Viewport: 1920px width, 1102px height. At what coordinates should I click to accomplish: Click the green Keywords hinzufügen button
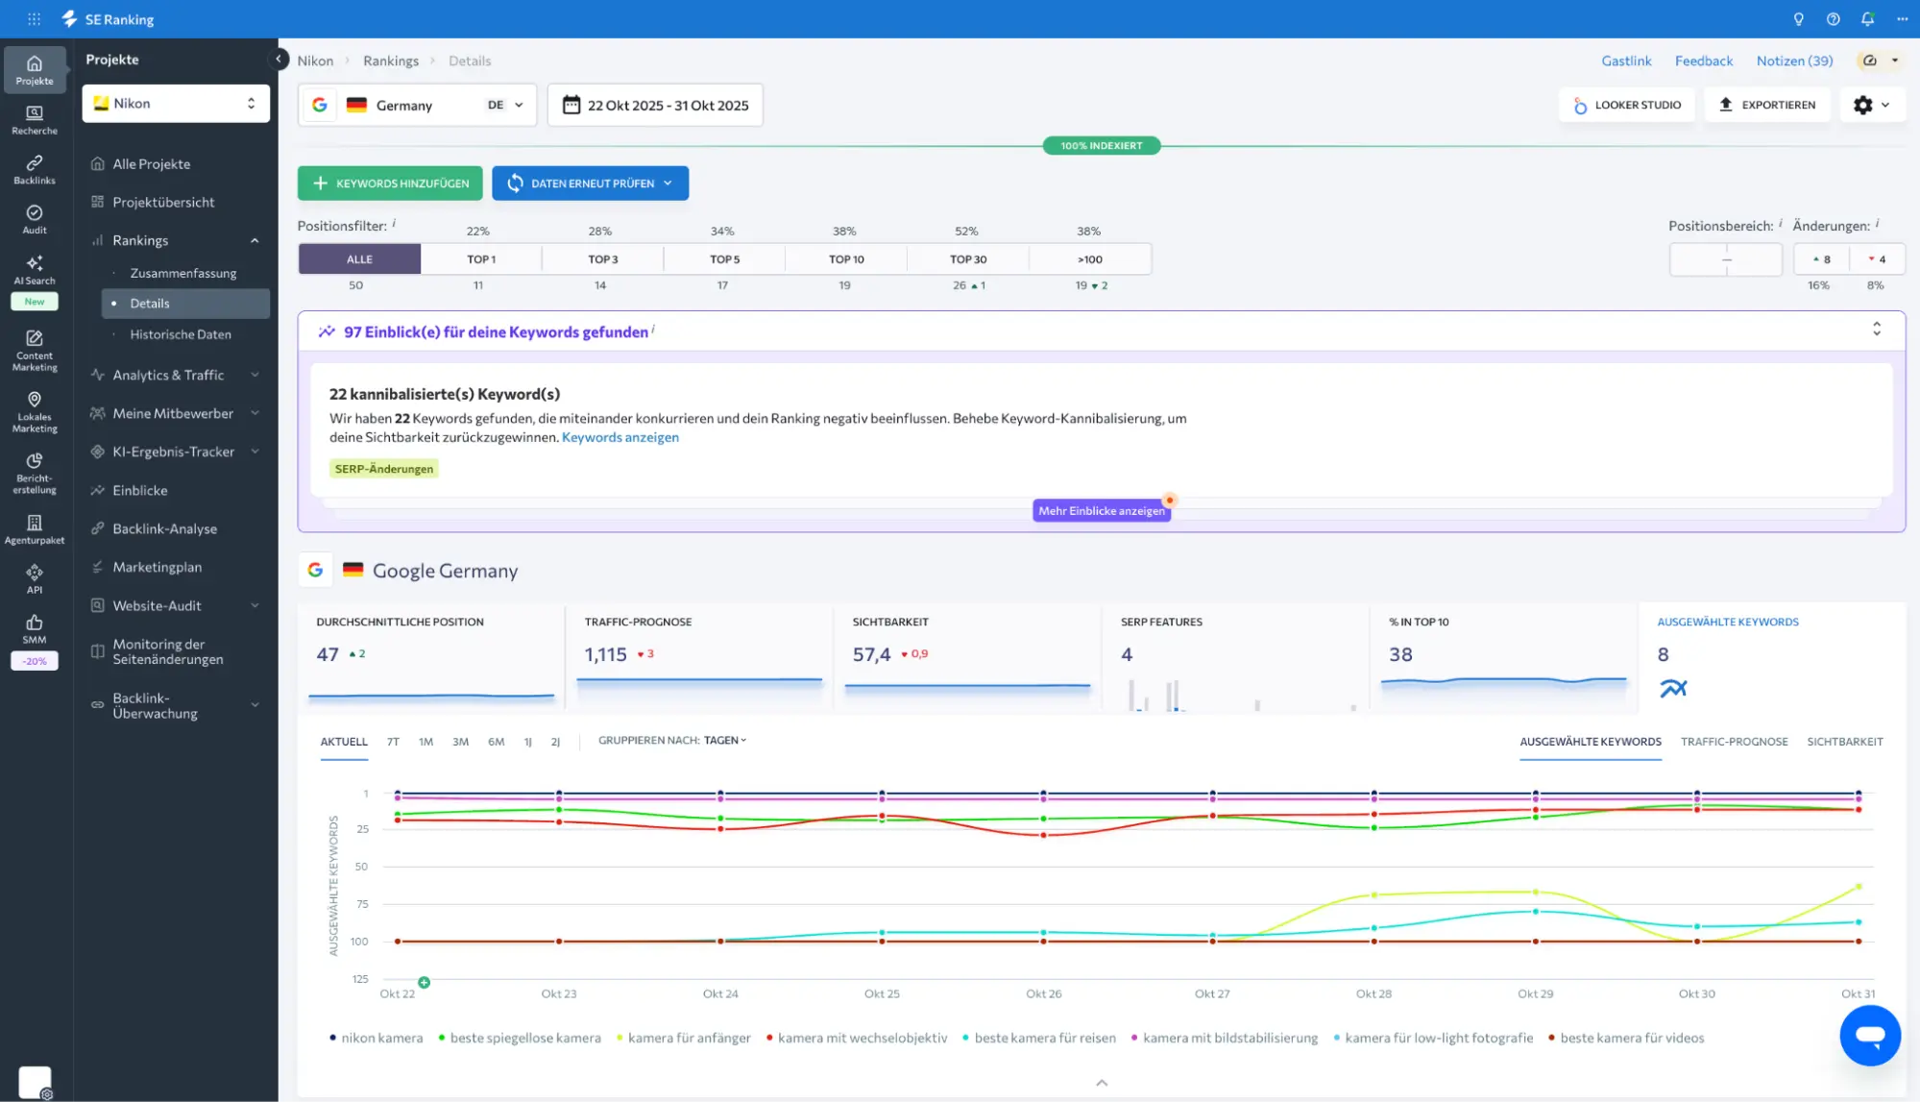(x=390, y=184)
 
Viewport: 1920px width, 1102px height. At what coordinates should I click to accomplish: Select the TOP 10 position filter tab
(x=846, y=259)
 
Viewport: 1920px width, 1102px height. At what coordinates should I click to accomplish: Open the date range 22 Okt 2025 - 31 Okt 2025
(x=655, y=106)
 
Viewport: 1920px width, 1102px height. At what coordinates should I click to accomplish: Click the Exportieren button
(x=1766, y=105)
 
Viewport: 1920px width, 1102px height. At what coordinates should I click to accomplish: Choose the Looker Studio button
(x=1626, y=105)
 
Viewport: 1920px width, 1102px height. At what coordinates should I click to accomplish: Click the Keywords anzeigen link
(x=620, y=437)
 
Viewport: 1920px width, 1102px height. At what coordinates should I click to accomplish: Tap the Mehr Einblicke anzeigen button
(x=1101, y=510)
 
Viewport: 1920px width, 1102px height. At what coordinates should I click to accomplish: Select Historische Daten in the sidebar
(x=181, y=334)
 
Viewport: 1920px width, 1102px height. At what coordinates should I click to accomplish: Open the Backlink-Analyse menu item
(x=164, y=528)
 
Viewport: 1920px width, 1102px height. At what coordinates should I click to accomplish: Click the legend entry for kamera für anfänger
(x=688, y=1038)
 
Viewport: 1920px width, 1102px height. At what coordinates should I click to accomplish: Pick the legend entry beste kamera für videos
(x=1631, y=1038)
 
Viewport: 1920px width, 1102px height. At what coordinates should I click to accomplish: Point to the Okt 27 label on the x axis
(x=1211, y=993)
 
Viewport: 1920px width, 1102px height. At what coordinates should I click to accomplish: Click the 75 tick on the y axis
(x=362, y=904)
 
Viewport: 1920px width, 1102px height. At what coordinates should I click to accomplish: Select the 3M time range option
(x=460, y=742)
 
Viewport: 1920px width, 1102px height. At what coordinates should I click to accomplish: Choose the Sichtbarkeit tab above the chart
(x=1844, y=742)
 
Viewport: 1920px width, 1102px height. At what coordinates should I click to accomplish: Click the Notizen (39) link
(x=1794, y=61)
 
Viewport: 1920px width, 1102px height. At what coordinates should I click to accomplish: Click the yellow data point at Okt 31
(x=1859, y=886)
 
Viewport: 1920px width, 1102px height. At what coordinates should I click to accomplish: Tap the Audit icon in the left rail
(x=35, y=218)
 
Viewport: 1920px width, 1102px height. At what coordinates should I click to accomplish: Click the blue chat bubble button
(x=1869, y=1036)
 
